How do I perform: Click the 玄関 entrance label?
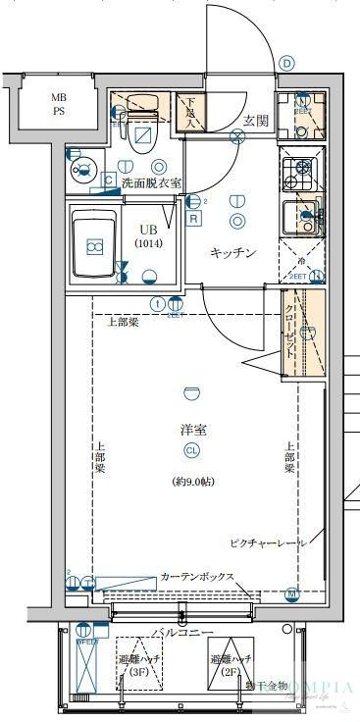pos(256,120)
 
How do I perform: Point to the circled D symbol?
pos(286,63)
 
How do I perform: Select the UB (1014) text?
pos(149,236)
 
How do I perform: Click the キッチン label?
pos(234,253)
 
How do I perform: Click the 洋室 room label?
pos(192,430)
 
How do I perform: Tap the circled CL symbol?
pos(192,451)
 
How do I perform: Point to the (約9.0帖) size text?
pos(192,481)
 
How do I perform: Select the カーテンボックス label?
pos(196,577)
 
